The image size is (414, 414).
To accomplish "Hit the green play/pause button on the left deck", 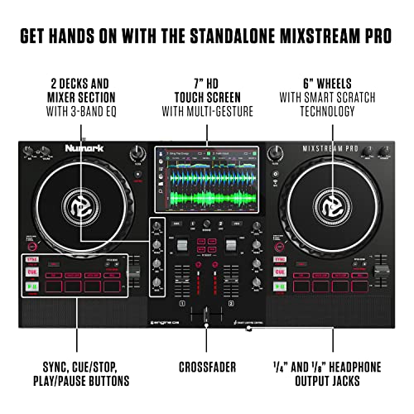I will (32, 288).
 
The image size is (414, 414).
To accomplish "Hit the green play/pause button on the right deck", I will (281, 288).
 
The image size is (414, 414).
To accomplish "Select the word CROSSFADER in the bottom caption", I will (206, 365).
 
